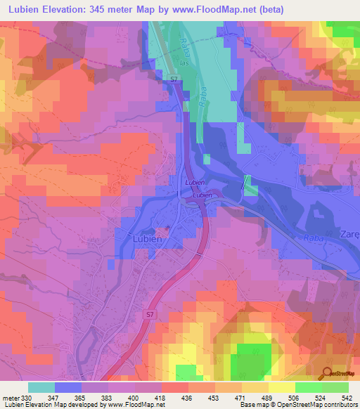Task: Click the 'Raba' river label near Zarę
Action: (x=314, y=238)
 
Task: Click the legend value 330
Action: (x=27, y=398)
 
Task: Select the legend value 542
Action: (x=347, y=398)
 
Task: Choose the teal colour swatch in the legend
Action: (x=41, y=387)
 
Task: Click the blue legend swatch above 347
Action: (x=68, y=387)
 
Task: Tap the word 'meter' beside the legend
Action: (x=10, y=398)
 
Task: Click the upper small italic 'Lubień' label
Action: (x=194, y=182)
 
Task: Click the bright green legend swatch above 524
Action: (x=309, y=387)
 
